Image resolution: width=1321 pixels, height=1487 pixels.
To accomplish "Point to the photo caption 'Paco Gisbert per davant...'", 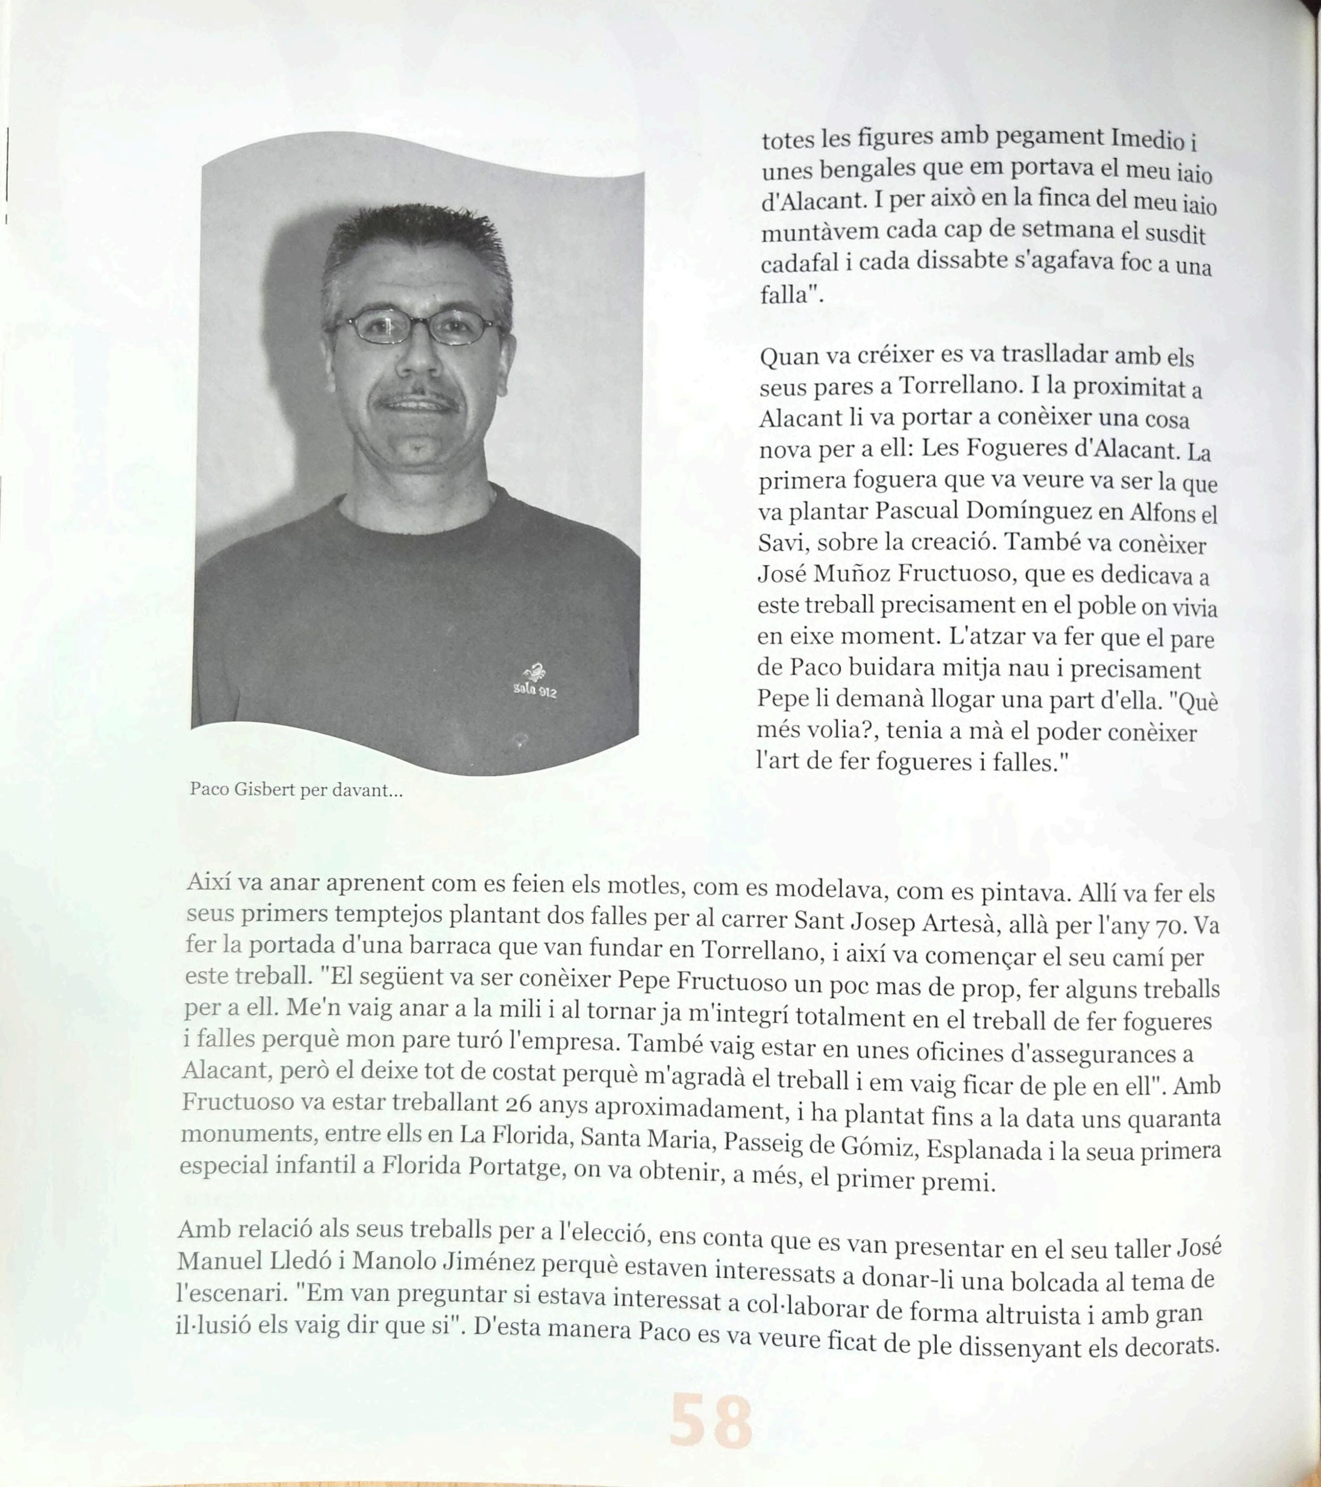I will tap(295, 790).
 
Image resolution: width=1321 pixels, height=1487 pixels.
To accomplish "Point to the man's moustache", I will tap(418, 400).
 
